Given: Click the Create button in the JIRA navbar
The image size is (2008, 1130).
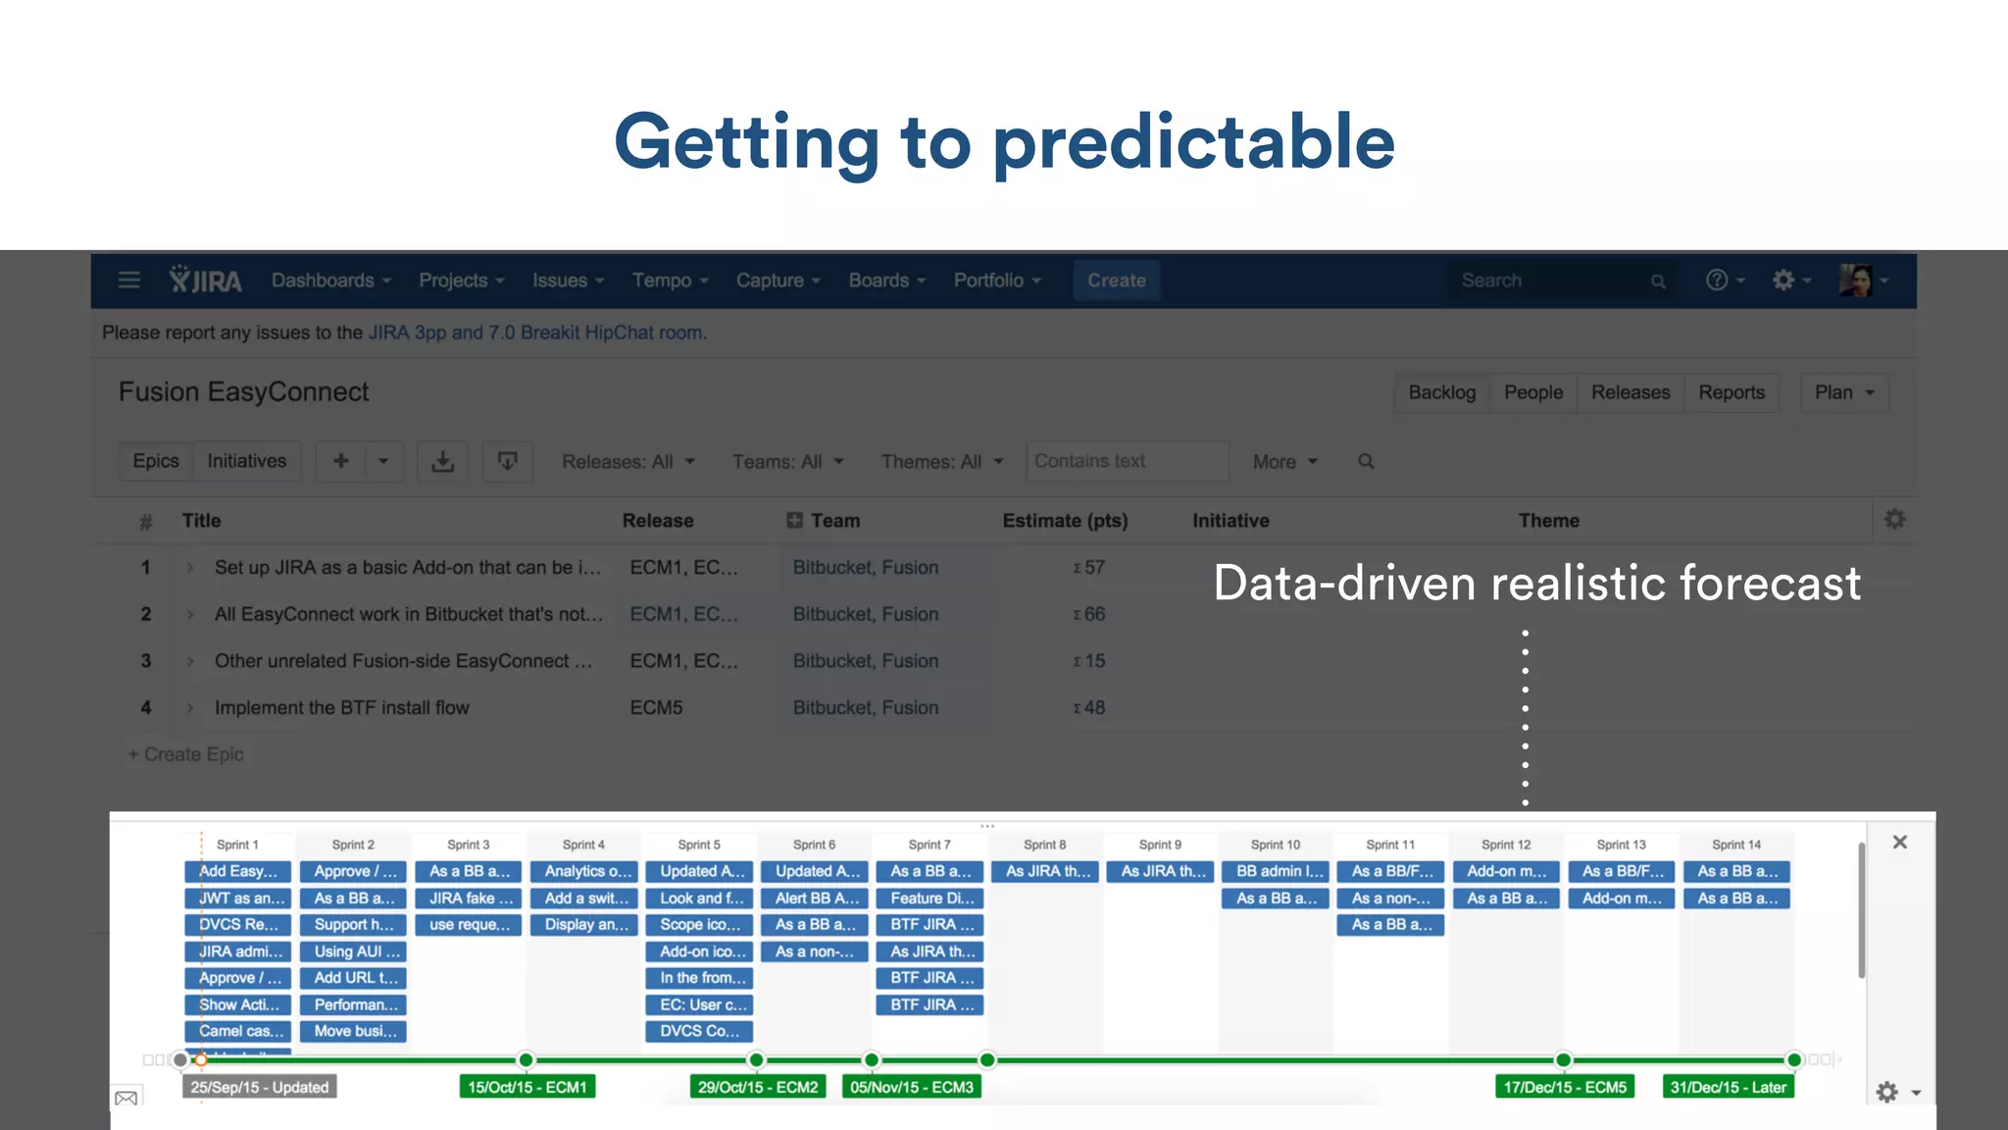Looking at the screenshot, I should tap(1116, 281).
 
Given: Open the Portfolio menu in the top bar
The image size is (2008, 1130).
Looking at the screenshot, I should tap(996, 281).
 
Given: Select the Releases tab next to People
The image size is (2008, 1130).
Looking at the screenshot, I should tap(1630, 392).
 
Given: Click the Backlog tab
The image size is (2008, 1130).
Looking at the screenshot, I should tap(1441, 392).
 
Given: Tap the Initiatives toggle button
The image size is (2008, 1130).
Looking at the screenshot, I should tap(246, 461).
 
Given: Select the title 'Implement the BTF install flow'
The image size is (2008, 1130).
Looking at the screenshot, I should tap(341, 707).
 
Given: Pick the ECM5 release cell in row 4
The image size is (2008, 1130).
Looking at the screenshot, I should tap(656, 707).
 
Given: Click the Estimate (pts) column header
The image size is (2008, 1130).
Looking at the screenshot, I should tap(1065, 521).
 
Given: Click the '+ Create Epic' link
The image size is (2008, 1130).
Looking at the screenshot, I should tap(186, 754).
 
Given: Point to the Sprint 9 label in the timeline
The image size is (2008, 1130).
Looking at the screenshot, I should tap(1160, 845).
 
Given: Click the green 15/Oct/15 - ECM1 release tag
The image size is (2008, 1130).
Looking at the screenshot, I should tap(527, 1087).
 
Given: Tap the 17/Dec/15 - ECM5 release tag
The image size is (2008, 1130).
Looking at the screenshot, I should tap(1565, 1087).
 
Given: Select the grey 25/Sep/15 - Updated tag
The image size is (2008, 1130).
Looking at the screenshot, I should tap(259, 1087).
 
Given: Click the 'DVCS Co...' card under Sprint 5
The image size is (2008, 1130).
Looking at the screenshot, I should tap(699, 1031).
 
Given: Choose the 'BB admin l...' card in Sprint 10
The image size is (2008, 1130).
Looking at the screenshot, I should tap(1276, 871).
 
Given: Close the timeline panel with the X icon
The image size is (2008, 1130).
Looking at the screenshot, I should tap(1899, 843).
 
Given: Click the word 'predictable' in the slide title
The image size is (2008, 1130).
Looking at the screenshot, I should tap(1193, 142).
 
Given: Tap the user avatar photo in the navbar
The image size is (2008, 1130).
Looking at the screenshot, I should tap(1856, 281).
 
